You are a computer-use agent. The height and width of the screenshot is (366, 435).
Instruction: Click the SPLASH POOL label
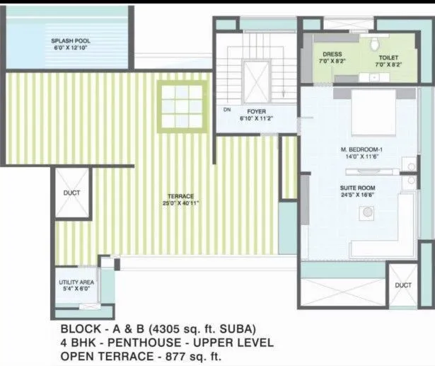(x=70, y=41)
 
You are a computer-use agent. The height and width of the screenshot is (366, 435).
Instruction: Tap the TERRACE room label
(x=180, y=196)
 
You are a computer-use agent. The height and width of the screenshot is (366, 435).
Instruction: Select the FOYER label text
(x=255, y=112)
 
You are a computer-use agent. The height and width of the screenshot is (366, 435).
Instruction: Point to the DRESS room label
(x=332, y=55)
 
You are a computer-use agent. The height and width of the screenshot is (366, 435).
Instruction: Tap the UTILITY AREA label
(x=76, y=282)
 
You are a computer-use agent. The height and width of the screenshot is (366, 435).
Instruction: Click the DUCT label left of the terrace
(x=71, y=193)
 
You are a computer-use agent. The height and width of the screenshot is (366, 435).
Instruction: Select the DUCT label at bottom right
(x=402, y=285)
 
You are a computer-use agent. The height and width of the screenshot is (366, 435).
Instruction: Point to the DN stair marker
(x=227, y=110)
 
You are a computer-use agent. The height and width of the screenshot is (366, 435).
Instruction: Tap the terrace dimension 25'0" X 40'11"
(x=180, y=204)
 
